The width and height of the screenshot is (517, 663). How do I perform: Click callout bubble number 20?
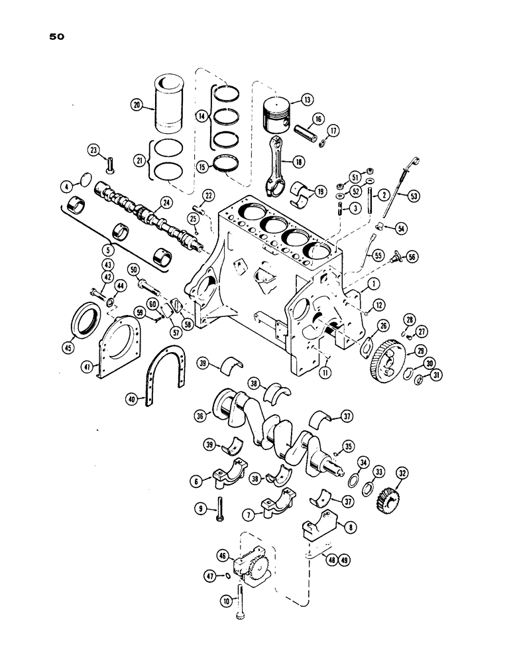point(137,106)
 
